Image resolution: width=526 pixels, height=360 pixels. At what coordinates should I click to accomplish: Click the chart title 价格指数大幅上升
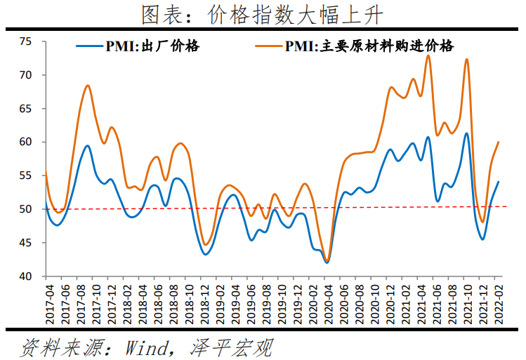click(263, 14)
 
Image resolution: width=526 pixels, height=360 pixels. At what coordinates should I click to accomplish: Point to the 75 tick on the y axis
click(27, 41)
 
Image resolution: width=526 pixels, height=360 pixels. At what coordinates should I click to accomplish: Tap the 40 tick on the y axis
click(27, 276)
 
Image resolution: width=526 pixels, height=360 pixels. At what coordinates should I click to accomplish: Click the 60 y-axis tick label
click(27, 142)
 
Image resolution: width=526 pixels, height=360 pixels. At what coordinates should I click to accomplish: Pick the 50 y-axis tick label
click(27, 209)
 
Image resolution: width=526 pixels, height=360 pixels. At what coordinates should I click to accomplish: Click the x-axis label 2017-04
click(49, 303)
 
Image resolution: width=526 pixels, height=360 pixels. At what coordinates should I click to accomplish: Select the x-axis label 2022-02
click(498, 303)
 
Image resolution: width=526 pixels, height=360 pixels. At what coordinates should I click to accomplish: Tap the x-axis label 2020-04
click(327, 303)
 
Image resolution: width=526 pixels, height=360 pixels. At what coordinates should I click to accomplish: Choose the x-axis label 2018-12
click(204, 303)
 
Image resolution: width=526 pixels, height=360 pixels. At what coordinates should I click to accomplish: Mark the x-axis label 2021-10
click(467, 303)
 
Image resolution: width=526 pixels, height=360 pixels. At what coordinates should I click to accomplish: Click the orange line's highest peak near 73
click(428, 55)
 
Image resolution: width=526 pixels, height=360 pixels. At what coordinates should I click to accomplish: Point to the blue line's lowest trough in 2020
click(327, 262)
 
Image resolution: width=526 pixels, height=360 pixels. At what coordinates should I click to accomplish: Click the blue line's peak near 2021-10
click(466, 133)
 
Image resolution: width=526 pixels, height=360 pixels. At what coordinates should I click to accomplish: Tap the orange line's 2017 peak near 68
click(88, 86)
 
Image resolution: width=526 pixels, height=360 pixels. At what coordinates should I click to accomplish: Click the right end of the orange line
click(498, 142)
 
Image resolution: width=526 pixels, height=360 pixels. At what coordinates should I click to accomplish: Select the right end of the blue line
click(498, 182)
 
